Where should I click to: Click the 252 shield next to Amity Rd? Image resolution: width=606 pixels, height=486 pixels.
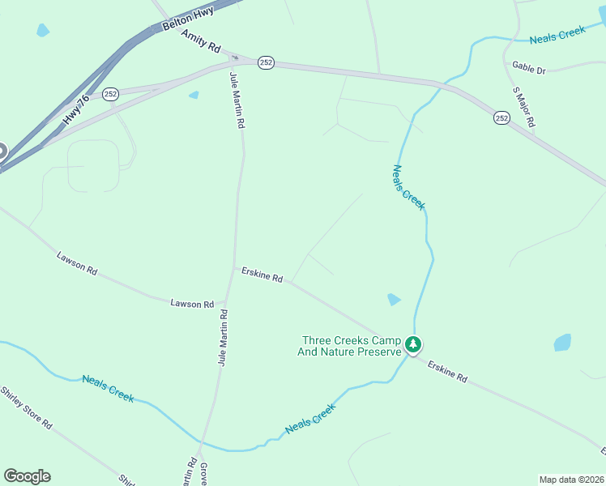pos(266,62)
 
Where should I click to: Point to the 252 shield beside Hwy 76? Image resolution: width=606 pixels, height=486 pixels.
pos(112,94)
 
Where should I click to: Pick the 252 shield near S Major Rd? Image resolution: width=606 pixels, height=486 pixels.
pos(501,118)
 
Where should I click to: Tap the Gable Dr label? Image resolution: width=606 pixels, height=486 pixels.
pos(530,70)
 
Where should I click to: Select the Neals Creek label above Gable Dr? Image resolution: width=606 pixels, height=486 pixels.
pos(557,35)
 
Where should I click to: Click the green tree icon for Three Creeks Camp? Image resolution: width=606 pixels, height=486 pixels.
pos(413,345)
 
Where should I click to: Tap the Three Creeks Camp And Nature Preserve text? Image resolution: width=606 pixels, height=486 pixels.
pos(351,346)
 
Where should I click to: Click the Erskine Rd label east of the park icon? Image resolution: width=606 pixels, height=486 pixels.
pos(448,372)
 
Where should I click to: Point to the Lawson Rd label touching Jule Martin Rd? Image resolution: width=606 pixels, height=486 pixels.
pos(192,304)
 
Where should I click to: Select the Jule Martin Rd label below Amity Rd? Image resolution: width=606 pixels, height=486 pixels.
pos(237,101)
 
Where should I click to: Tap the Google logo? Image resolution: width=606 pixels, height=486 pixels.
pos(27,476)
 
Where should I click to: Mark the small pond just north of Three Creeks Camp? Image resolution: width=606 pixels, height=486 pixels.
pos(394,299)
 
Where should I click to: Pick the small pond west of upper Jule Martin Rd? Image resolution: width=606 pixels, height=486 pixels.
pos(194,95)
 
